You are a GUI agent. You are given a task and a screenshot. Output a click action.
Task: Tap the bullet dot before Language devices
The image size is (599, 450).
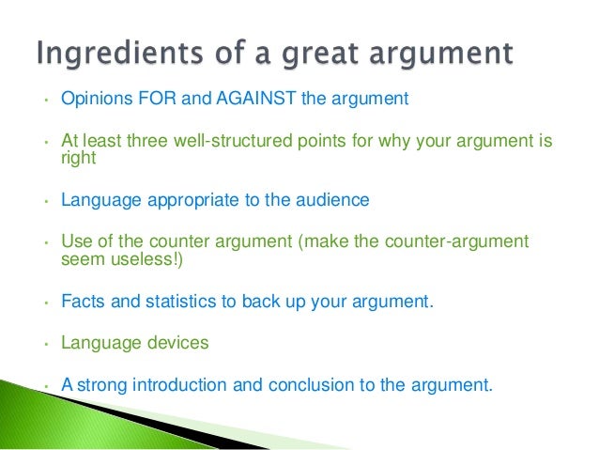tap(43, 344)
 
